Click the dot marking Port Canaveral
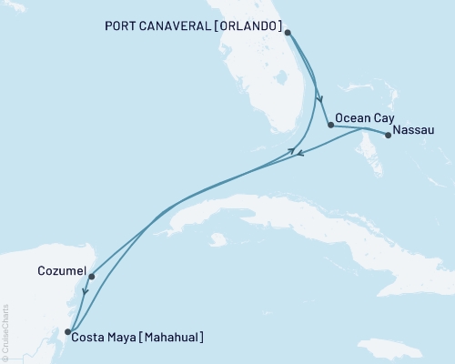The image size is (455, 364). point(287,33)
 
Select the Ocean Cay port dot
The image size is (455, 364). point(329,124)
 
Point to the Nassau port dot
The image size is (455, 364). point(389,136)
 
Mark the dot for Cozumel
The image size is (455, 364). point(92,276)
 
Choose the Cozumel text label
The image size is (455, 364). point(63,271)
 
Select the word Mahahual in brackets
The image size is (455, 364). point(171,338)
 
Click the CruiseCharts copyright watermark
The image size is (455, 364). point(5,332)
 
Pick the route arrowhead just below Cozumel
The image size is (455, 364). point(84,293)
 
